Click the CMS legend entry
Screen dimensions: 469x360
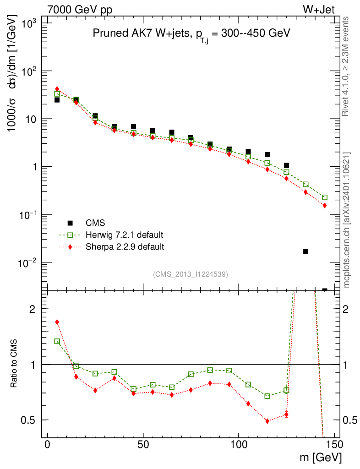pos(95,223)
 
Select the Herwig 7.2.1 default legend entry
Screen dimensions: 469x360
pos(124,235)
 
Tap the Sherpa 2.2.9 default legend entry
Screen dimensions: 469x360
pos(125,247)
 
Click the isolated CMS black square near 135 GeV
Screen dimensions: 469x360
pos(305,251)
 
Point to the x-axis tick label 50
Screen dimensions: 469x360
pos(143,445)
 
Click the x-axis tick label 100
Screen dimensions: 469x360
pos(239,445)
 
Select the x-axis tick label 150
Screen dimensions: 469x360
pos(334,445)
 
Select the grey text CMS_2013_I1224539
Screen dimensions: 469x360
pos(191,274)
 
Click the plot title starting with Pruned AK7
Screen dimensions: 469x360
pos(191,33)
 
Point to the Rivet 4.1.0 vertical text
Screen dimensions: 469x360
pos(346,66)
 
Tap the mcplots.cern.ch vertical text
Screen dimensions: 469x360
pos(346,220)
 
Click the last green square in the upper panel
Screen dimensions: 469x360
pos(325,197)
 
